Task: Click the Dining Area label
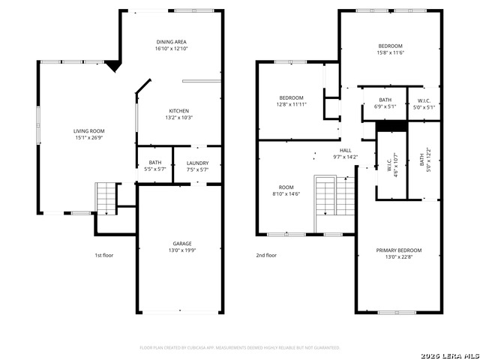pyautogui.click(x=171, y=42)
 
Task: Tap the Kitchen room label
pyautogui.click(x=178, y=111)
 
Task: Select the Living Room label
pyautogui.click(x=88, y=131)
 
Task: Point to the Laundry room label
pyautogui.click(x=197, y=163)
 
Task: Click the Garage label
pyautogui.click(x=182, y=243)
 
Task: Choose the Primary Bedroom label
pyautogui.click(x=398, y=250)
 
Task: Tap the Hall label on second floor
pyautogui.click(x=345, y=150)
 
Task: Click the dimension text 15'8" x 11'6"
pyautogui.click(x=390, y=52)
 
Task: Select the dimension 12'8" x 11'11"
pyautogui.click(x=291, y=104)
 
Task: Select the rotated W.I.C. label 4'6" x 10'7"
pyautogui.click(x=391, y=163)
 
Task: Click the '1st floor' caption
pyautogui.click(x=103, y=255)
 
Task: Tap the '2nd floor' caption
pyautogui.click(x=266, y=255)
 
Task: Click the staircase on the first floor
pyautogui.click(x=106, y=198)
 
